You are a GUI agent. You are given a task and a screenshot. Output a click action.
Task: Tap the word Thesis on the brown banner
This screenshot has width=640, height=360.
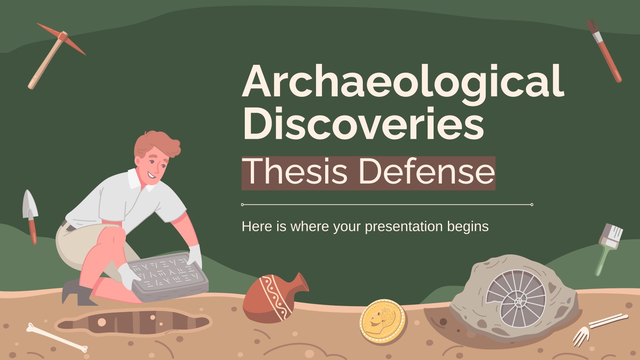[296, 172]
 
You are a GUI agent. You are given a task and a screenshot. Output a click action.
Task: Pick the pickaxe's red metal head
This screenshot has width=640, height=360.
[62, 38]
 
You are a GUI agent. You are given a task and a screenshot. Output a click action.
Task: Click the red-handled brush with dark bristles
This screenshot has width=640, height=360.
[604, 50]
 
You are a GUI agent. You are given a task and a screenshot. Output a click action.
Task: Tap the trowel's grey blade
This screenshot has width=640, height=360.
[30, 204]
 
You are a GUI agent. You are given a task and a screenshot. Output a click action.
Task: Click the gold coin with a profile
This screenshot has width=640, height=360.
[382, 321]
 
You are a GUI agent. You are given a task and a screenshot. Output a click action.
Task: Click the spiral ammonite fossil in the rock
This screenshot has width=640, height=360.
[516, 298]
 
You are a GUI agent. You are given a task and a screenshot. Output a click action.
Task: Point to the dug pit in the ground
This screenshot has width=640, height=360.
[132, 322]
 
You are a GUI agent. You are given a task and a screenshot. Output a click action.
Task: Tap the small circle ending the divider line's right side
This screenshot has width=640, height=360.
[532, 204]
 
